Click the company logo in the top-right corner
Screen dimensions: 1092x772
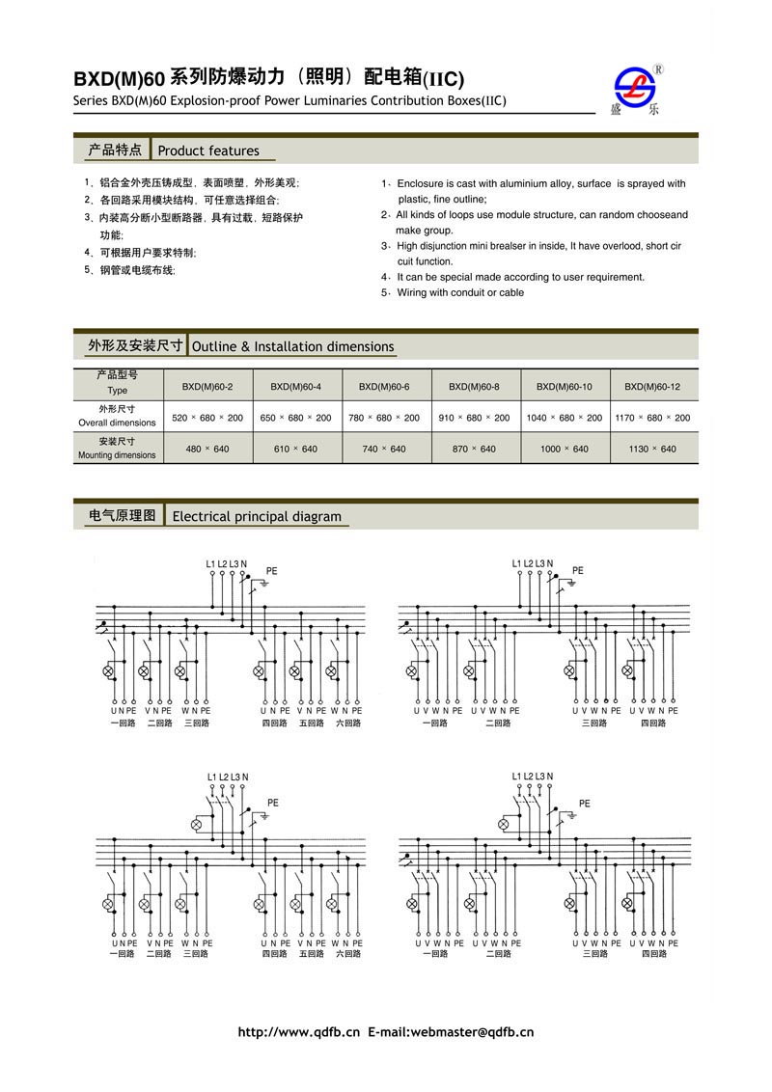pos(639,90)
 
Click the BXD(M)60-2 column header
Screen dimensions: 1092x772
pos(207,387)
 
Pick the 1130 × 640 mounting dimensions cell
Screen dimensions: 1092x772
pos(652,450)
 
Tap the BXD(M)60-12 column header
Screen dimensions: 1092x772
pos(652,387)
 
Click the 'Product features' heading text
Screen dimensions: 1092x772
pos(208,151)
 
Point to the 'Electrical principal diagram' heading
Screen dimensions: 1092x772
pos(257,517)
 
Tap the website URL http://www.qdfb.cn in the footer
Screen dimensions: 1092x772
pos(298,1032)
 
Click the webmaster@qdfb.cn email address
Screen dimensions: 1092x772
pos(472,1032)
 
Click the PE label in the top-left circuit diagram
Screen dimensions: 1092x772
pos(272,571)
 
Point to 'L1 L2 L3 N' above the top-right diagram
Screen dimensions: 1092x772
pos(533,563)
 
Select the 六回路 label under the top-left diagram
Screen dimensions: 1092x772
pos(348,723)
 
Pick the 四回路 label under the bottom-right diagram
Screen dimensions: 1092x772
pos(653,954)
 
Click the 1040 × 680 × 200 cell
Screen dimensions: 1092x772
pos(565,418)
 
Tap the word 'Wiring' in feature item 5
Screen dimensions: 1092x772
pos(413,292)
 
